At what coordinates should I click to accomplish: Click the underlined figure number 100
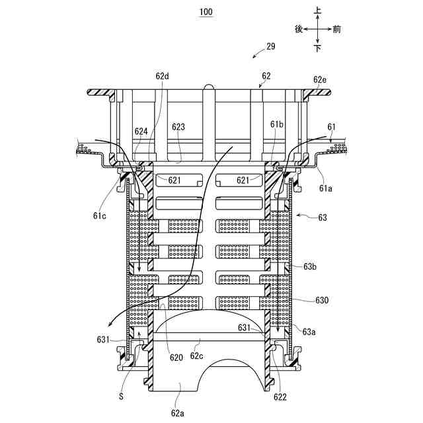[206, 13]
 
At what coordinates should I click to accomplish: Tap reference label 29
[270, 46]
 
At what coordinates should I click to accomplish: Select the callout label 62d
[163, 76]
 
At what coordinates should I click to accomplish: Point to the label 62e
[320, 79]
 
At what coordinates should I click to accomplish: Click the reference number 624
[141, 131]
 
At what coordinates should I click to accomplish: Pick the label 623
[178, 126]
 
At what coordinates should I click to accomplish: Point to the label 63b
[311, 266]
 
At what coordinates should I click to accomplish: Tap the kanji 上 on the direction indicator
[318, 11]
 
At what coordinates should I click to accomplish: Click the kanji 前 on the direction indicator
[337, 29]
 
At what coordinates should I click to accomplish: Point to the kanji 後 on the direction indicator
[299, 29]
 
